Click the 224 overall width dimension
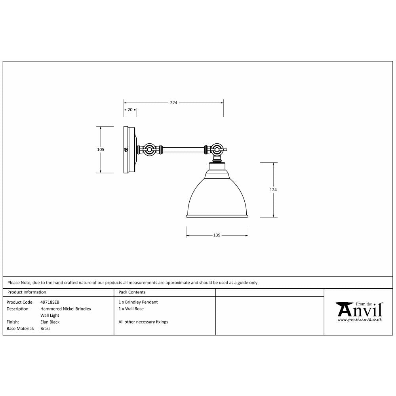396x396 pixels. [173, 103]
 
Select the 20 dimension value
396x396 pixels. [130, 110]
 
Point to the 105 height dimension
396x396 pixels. [101, 150]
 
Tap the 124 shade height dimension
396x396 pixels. [273, 190]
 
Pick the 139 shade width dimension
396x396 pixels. [217, 235]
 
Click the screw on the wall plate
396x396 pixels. [126, 150]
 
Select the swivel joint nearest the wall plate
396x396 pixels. [150, 150]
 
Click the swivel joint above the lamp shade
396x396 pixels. [216, 150]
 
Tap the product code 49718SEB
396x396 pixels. [50, 302]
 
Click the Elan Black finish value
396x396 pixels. [50, 322]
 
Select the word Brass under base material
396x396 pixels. [46, 329]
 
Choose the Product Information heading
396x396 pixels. [27, 292]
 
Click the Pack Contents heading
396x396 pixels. [132, 292]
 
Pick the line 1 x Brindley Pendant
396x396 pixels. [138, 302]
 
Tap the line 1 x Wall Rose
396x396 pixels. [131, 309]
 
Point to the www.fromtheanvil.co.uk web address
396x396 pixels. [360, 320]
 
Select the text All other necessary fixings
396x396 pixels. [143, 322]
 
